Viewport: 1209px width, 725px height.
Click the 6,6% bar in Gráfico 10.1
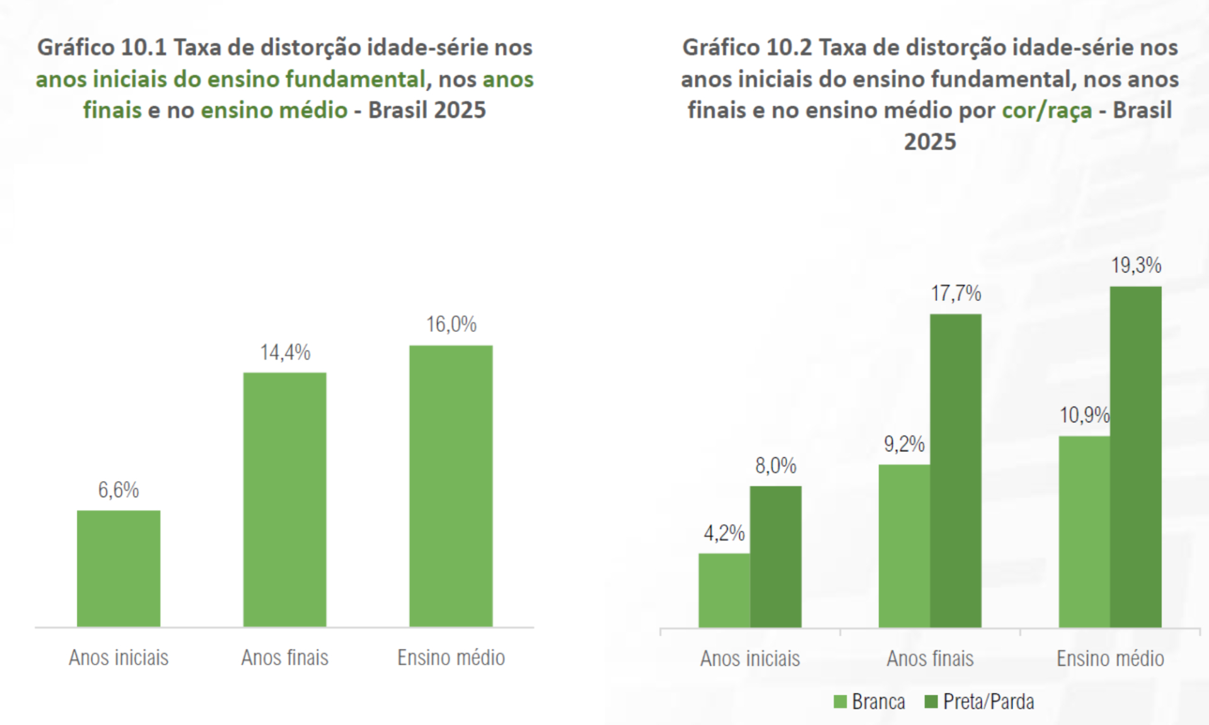tap(118, 568)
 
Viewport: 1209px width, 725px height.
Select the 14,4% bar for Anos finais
tap(285, 499)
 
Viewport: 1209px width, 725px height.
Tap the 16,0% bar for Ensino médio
tap(451, 486)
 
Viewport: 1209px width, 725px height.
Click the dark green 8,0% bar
tap(775, 556)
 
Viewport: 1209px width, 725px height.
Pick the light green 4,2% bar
tap(724, 590)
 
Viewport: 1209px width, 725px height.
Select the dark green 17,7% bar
tap(955, 471)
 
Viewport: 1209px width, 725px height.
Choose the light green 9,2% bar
tap(904, 546)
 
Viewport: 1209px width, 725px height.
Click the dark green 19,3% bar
tap(1135, 457)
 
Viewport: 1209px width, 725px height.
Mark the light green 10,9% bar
tap(1084, 532)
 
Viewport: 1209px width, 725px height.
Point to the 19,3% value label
tap(1136, 266)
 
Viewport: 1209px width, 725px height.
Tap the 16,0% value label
tap(451, 325)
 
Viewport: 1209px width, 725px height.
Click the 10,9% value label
tap(1084, 415)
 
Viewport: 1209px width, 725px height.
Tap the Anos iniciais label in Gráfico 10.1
tap(118, 658)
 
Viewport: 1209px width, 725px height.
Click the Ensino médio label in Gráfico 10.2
tap(1110, 659)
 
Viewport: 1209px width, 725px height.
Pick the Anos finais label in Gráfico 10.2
tap(930, 659)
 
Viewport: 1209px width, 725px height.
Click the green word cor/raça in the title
tap(1047, 111)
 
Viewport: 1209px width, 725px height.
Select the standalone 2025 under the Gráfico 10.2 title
tap(929, 142)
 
